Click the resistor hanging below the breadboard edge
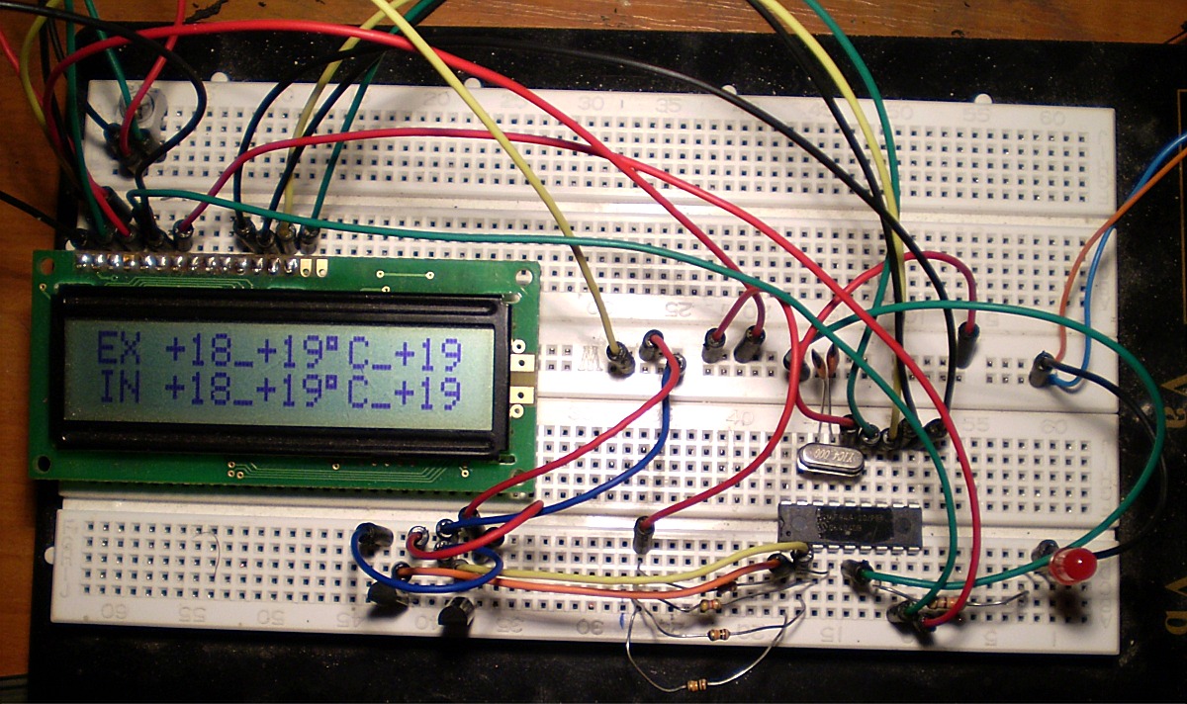[x=697, y=683]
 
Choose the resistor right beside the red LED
[x=948, y=602]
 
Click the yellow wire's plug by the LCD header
[x=286, y=237]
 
